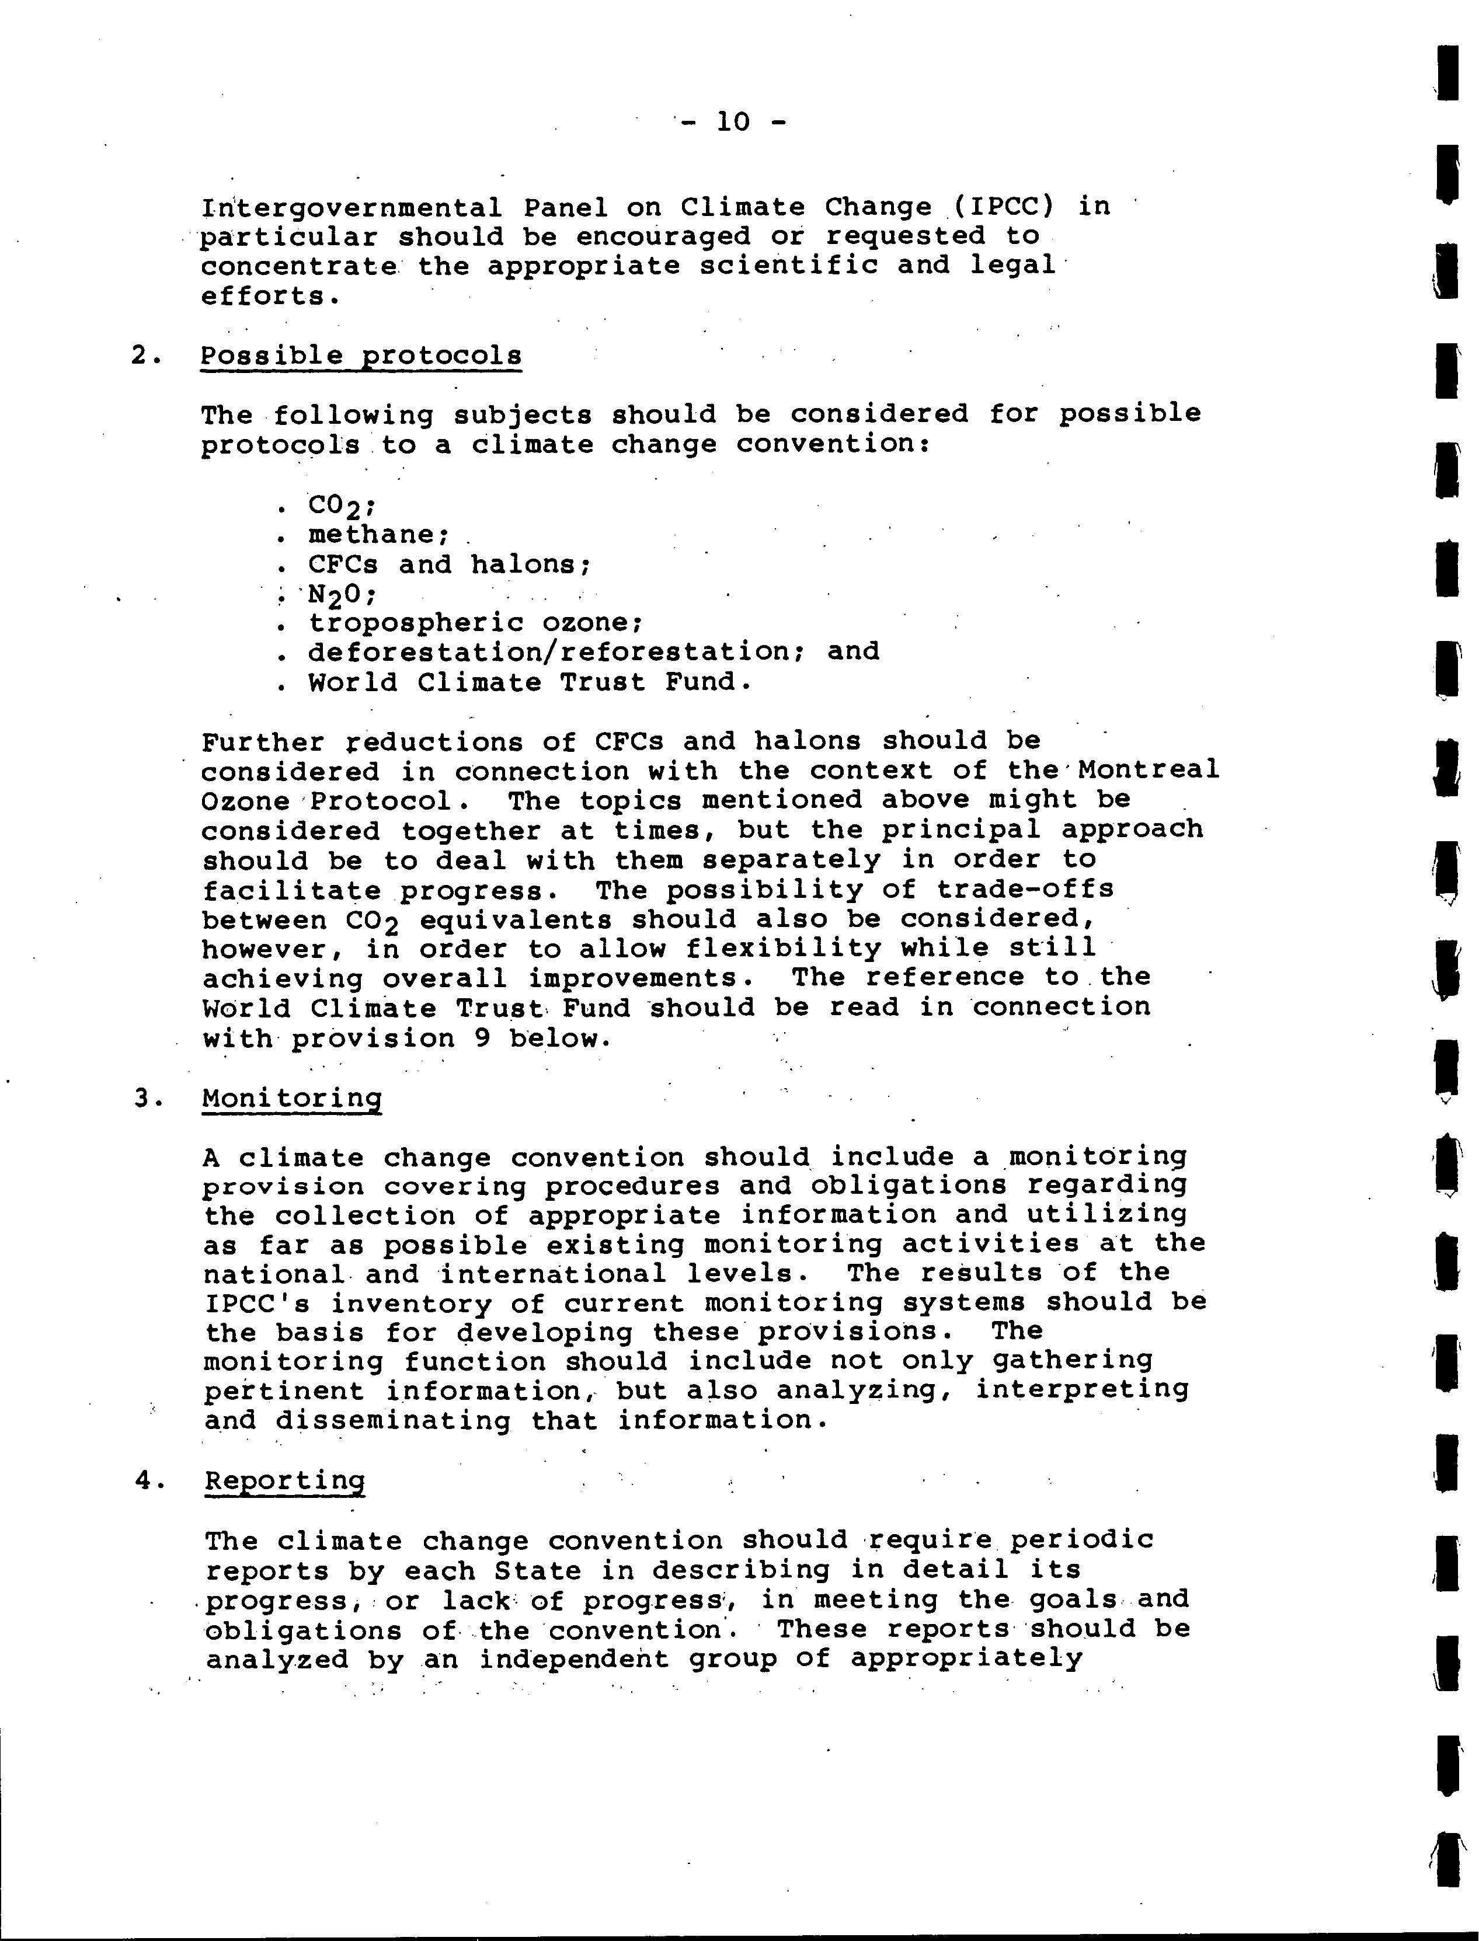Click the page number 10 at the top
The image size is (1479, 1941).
tap(732, 121)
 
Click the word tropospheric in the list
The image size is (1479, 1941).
tap(415, 623)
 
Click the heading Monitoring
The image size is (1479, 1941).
tap(291, 1099)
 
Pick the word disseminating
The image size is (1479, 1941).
tap(392, 1421)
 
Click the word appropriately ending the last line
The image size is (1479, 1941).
tap(966, 1659)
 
